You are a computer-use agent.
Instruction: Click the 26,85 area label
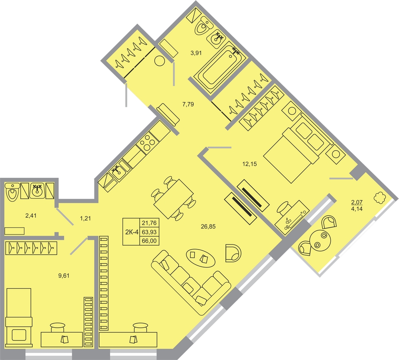208,226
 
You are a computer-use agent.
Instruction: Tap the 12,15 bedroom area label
250,164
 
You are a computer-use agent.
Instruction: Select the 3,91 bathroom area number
196,53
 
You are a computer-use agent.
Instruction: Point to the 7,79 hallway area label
188,104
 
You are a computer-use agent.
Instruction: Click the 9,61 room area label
64,275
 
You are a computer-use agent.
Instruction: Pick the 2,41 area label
31,216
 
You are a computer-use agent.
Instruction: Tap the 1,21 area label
85,218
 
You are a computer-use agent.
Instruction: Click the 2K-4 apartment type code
132,232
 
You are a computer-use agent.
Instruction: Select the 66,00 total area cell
149,241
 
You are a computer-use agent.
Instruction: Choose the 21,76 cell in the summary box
149,223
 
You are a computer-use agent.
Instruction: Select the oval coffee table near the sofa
201,258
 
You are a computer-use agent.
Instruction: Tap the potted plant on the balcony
380,198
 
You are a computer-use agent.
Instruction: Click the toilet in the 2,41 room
12,192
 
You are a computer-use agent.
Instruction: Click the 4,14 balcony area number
357,209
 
